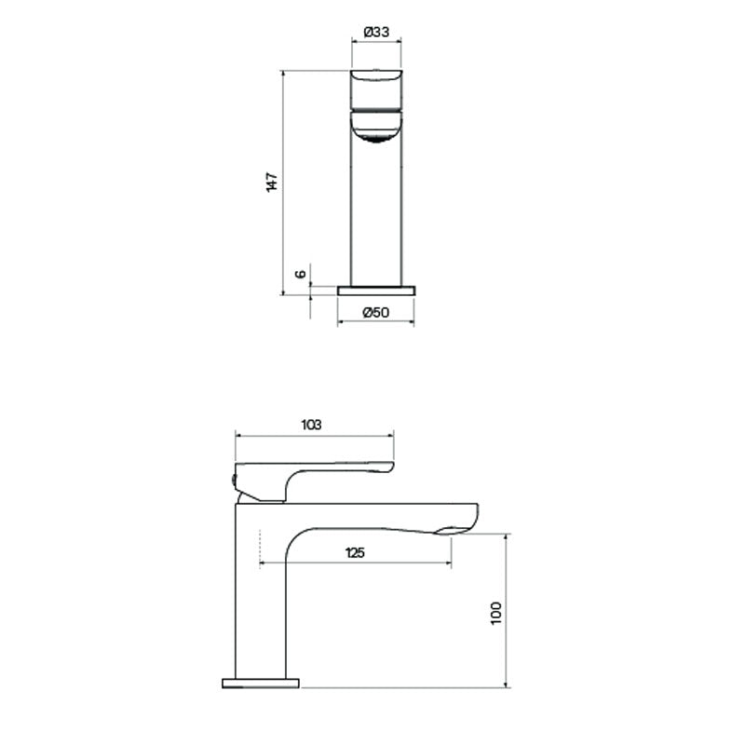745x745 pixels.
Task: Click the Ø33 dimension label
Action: coord(375,31)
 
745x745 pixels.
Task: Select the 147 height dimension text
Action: coord(272,183)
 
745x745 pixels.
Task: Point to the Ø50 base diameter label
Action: coord(375,312)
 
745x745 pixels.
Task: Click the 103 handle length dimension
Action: coord(312,424)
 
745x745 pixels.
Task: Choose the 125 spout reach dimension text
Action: coord(355,552)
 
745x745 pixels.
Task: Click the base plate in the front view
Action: coord(375,290)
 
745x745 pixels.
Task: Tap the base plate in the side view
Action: coord(261,684)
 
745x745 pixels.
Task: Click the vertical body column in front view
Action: coord(375,214)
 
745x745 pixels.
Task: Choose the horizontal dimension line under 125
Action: coord(355,564)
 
